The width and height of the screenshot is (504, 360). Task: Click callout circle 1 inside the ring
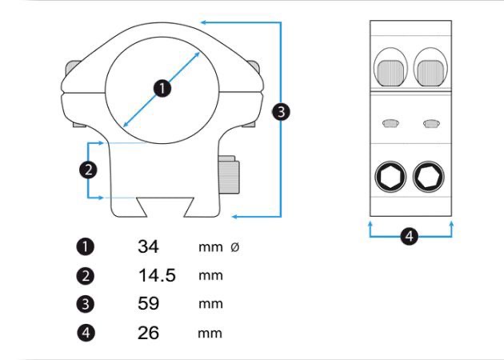(x=162, y=88)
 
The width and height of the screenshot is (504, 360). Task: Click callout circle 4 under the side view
(x=410, y=236)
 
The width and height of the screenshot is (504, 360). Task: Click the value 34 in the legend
(x=148, y=246)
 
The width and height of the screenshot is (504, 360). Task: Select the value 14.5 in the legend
(x=156, y=276)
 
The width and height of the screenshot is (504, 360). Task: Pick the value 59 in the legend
(x=148, y=304)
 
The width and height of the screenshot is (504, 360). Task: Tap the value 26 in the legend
(x=148, y=333)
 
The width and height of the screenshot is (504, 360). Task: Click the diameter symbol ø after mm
(x=234, y=247)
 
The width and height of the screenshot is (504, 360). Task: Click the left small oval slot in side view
(x=391, y=123)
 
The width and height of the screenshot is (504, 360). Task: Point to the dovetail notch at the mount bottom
(x=162, y=207)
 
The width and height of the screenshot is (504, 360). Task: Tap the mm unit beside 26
(x=210, y=333)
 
